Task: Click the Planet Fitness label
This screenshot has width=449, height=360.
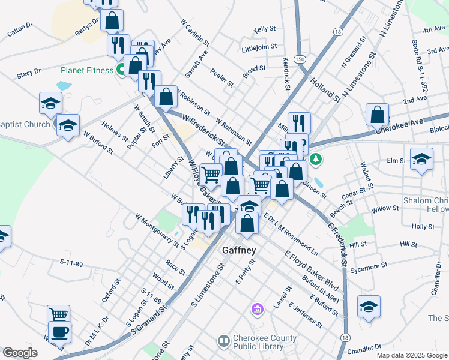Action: pos(86,70)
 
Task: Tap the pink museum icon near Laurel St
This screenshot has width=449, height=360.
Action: pos(257,309)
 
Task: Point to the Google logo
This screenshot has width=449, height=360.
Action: pos(20,353)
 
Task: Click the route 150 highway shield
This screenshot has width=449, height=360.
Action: pos(300,58)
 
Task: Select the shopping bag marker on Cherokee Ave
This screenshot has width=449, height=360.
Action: pos(377,113)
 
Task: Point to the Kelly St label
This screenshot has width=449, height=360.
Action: pos(264,29)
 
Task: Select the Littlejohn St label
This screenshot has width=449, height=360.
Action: pos(258,46)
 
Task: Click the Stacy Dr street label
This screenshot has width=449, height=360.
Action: pos(29,71)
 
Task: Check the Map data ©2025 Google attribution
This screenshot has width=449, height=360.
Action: pos(411,355)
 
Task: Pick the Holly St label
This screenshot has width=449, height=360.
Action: pos(423,226)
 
